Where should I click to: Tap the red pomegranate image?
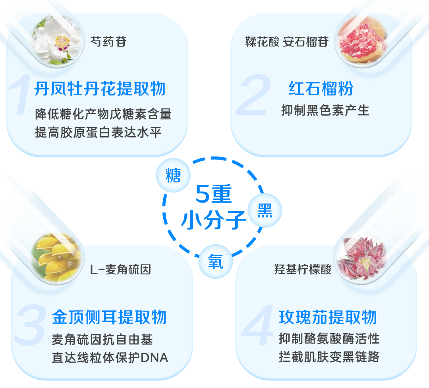click(359, 42)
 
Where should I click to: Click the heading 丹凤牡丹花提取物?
click(100, 89)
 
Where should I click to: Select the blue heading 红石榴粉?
click(321, 89)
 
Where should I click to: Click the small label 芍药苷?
click(108, 41)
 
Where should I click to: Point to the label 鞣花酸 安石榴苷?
click(286, 41)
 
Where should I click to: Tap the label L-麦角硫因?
click(121, 270)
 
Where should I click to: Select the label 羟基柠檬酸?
click(303, 270)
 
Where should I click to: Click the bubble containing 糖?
click(173, 175)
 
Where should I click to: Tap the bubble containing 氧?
click(216, 262)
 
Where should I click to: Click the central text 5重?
click(213, 195)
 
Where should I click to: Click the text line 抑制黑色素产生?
click(325, 110)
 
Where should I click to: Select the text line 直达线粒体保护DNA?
click(110, 357)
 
